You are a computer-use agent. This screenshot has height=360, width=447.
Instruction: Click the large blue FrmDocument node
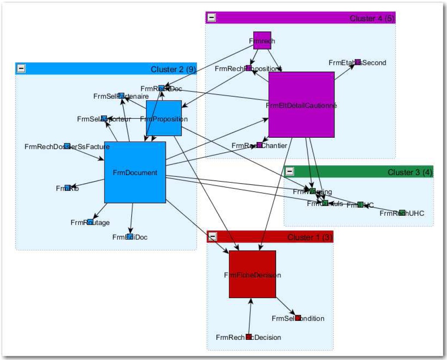(x=135, y=172)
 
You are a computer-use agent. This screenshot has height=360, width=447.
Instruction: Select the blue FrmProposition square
(x=164, y=118)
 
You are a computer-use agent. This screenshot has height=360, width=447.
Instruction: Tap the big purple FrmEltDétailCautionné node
(x=301, y=105)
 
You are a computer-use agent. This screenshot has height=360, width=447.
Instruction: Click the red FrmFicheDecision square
(x=252, y=274)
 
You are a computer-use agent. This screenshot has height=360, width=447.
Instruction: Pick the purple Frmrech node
(x=262, y=40)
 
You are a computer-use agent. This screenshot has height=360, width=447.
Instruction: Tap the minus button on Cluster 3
(x=290, y=172)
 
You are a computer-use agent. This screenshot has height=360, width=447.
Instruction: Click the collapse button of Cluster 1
(x=213, y=237)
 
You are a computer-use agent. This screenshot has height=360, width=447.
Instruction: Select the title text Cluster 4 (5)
(x=371, y=18)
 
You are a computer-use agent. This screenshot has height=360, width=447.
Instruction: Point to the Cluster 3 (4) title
(x=409, y=172)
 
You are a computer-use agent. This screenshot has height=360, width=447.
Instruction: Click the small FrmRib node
(x=67, y=188)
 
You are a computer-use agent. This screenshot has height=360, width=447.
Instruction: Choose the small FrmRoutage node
(x=90, y=222)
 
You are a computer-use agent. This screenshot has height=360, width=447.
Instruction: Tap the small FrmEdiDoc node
(x=130, y=237)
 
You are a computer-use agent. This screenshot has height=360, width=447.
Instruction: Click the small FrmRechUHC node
(x=402, y=212)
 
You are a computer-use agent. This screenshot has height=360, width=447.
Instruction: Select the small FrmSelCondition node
(x=298, y=318)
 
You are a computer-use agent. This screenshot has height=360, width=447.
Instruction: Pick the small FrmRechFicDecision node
(x=249, y=337)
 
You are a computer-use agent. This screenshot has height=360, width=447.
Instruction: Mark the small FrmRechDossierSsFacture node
(x=67, y=146)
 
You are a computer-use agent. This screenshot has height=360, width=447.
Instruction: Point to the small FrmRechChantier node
(x=259, y=145)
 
